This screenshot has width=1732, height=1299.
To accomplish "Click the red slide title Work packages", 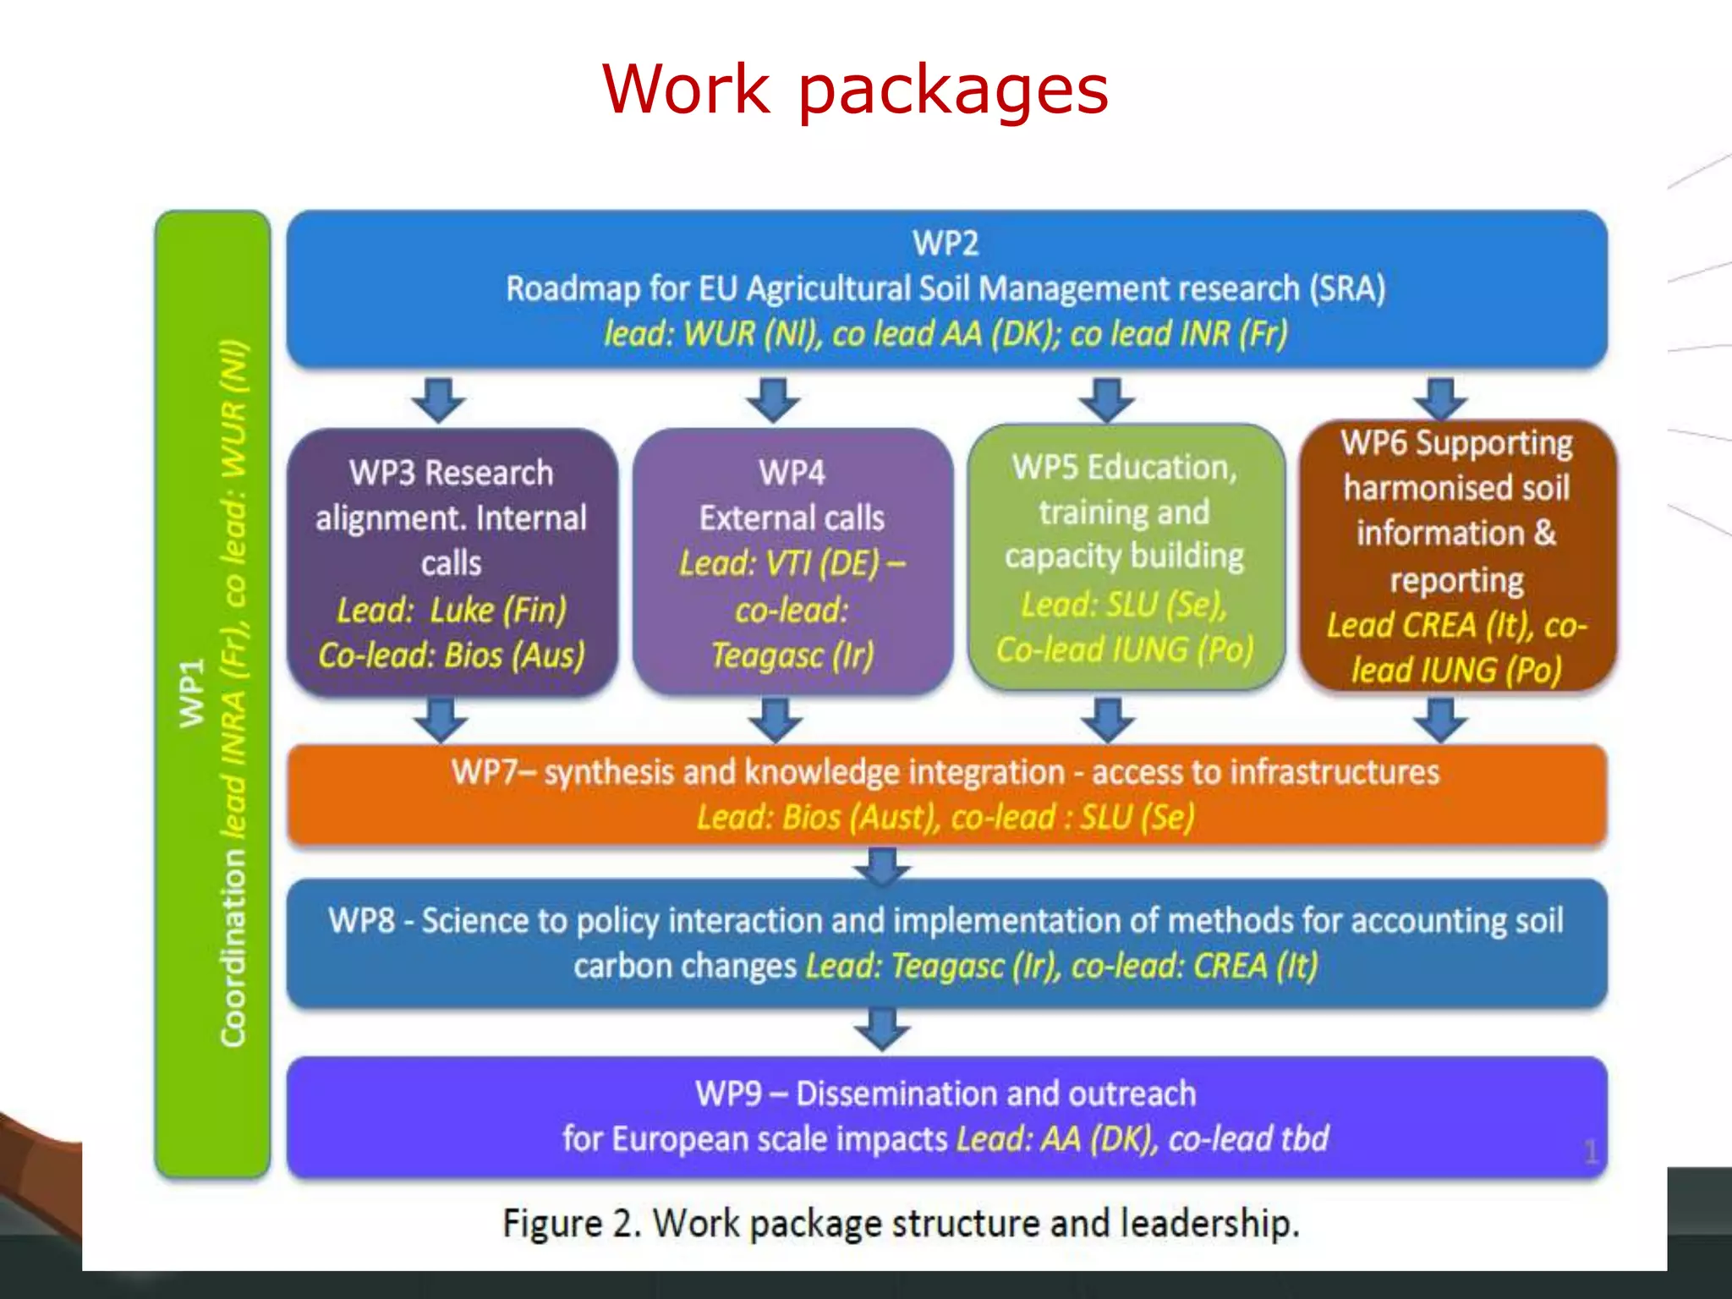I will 855,90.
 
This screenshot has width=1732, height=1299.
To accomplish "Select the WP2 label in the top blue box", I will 945,244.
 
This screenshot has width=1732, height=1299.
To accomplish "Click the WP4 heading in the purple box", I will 792,472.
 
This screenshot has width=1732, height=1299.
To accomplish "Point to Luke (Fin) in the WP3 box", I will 498,610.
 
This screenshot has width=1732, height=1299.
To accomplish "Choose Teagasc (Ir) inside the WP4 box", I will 792,655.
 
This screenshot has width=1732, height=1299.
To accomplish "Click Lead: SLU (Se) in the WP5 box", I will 1124,605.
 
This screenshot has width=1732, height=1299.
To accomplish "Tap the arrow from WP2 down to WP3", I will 438,399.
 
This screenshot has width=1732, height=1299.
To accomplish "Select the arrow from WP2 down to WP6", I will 1440,399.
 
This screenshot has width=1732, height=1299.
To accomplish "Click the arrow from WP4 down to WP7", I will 776,720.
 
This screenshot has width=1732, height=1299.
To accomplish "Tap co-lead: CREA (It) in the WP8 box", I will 1194,966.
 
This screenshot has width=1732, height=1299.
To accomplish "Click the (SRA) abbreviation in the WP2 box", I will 1347,288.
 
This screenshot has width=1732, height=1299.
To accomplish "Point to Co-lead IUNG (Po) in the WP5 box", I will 1124,649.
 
